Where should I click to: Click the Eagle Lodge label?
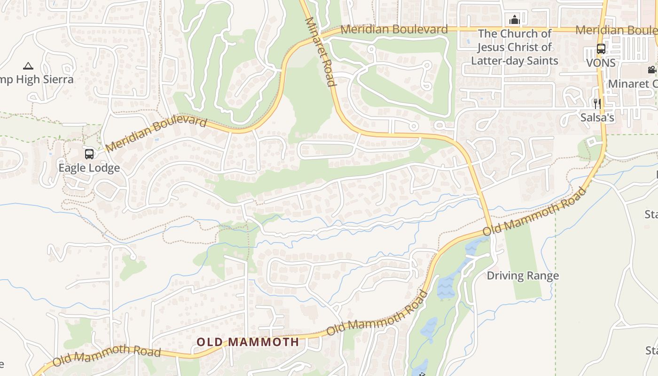[89, 168]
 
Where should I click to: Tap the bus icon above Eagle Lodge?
[89, 154]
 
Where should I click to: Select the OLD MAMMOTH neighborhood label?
[248, 342]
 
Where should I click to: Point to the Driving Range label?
[523, 275]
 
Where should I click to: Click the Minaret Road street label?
[321, 52]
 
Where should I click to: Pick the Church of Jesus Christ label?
[515, 47]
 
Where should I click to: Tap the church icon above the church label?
[515, 20]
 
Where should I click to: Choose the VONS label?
[600, 62]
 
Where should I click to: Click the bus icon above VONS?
[601, 48]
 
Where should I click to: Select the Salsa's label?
[597, 117]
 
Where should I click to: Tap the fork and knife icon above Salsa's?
[597, 104]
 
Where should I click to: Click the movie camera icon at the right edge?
[652, 70]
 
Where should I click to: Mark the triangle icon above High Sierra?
[28, 66]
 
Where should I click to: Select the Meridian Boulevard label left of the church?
[394, 30]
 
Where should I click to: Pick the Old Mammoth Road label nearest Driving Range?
[535, 212]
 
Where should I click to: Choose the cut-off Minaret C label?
[633, 84]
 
